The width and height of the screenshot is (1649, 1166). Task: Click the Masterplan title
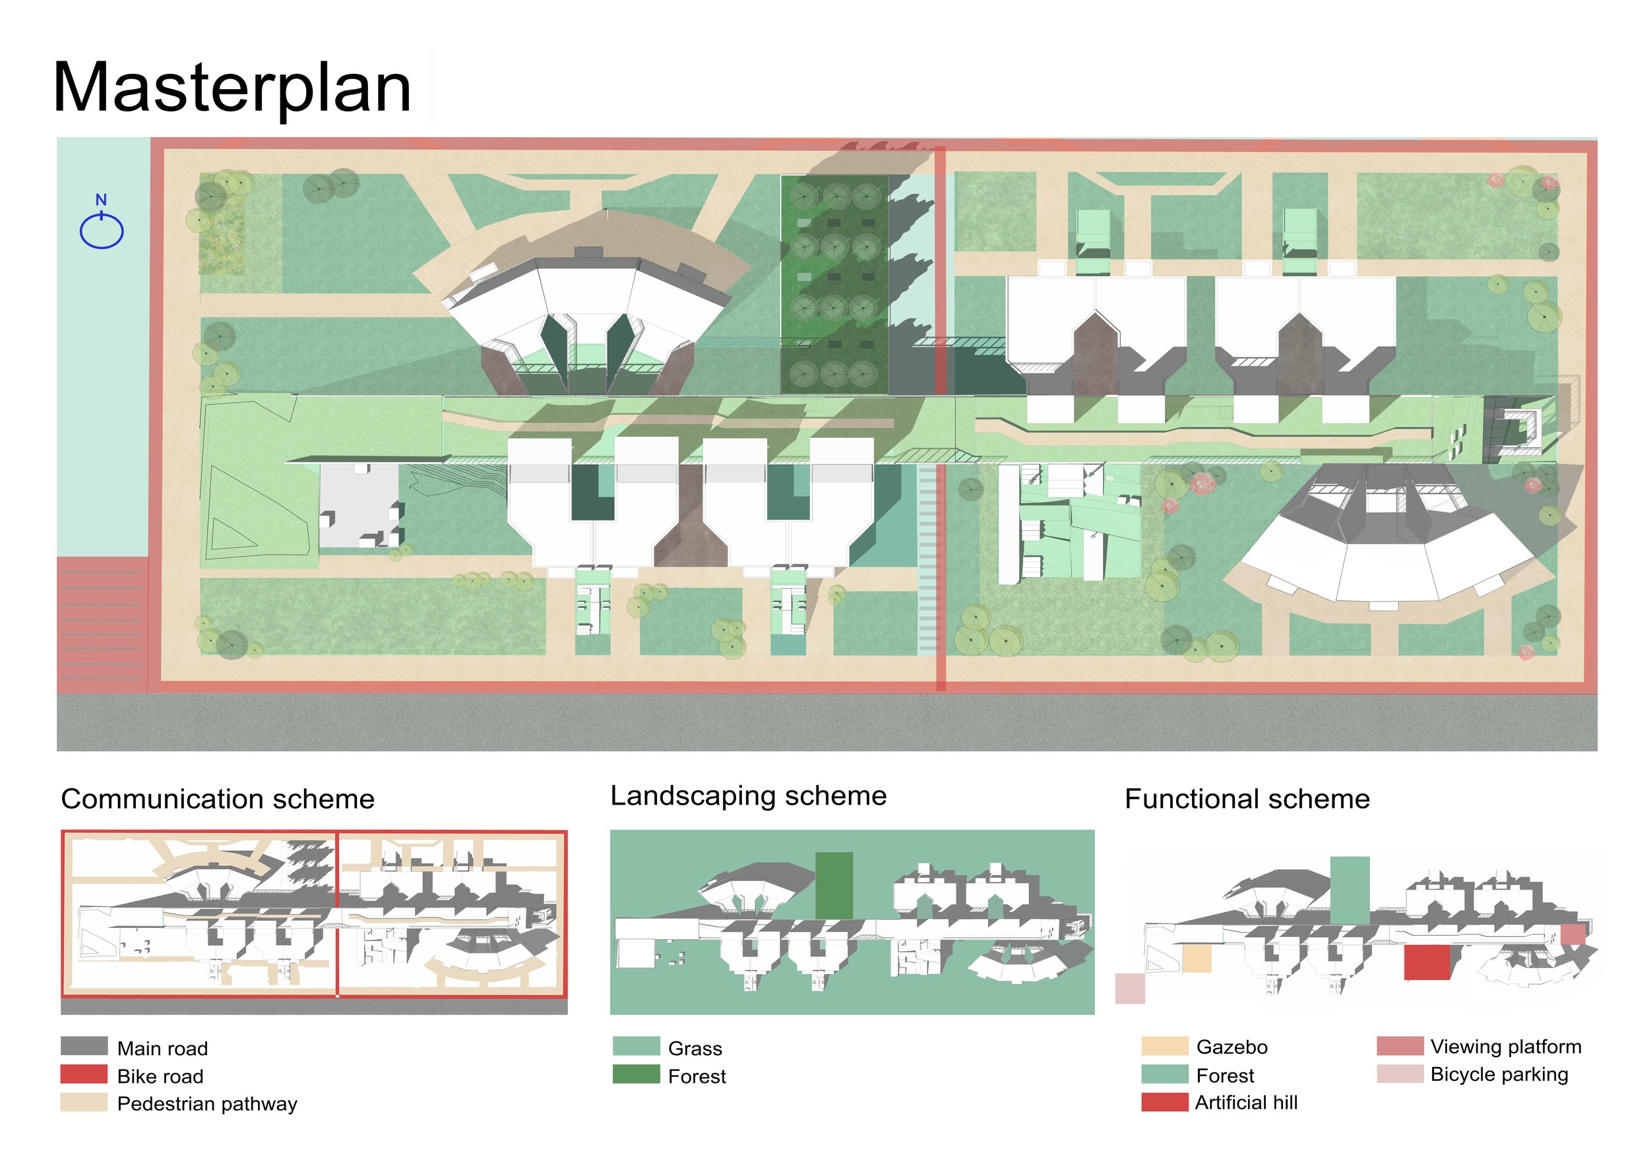(x=232, y=88)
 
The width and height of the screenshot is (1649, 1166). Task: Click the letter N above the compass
(x=102, y=200)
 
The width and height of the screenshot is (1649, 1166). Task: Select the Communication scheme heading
(x=218, y=799)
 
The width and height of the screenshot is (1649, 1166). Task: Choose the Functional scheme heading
(x=1247, y=799)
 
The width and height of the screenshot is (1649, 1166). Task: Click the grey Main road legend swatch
(x=84, y=1046)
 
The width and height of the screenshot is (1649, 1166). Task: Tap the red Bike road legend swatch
(x=84, y=1074)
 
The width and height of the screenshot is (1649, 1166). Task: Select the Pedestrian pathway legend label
(x=207, y=1103)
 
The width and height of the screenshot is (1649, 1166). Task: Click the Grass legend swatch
(x=637, y=1046)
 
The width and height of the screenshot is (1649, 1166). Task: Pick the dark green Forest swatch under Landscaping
(x=637, y=1074)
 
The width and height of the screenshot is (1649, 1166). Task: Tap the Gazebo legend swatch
(x=1165, y=1046)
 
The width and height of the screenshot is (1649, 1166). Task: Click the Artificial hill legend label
(x=1246, y=1102)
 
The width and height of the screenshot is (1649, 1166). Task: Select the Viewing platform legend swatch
(x=1400, y=1046)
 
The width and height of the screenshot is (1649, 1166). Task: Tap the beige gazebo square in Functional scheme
(x=1197, y=959)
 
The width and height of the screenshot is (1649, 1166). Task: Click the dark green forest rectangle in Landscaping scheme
(x=834, y=885)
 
